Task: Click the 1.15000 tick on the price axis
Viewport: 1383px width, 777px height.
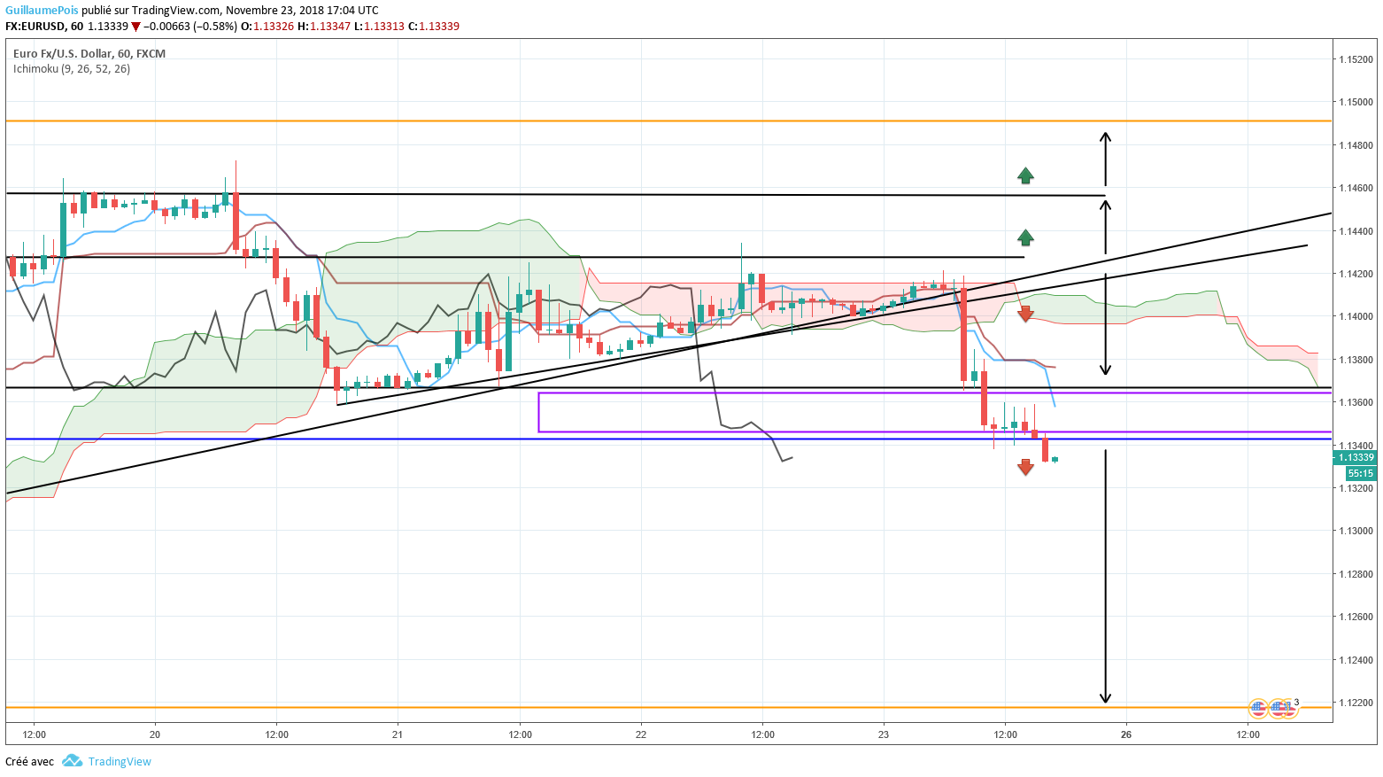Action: click(x=1356, y=103)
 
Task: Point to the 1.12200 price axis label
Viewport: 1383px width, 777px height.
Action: click(x=1356, y=703)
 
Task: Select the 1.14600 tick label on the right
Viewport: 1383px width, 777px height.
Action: click(x=1356, y=189)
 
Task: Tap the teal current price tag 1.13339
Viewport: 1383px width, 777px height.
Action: click(x=1356, y=457)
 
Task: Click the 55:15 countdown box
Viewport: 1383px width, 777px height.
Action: click(x=1360, y=474)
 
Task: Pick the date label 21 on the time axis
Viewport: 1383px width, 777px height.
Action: click(x=398, y=734)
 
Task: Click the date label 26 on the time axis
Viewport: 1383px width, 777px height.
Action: click(x=1126, y=734)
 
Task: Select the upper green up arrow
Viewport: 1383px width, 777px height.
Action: click(x=1025, y=175)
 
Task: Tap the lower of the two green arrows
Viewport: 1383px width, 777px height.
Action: click(x=1025, y=237)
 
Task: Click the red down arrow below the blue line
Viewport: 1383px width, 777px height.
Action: click(x=1025, y=467)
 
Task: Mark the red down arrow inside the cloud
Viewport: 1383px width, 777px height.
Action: click(x=1025, y=314)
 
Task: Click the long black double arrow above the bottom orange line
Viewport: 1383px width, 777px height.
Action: click(x=1105, y=576)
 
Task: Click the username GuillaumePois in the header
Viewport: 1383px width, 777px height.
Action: click(x=42, y=11)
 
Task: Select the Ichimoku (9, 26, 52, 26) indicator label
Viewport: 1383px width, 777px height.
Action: click(x=72, y=69)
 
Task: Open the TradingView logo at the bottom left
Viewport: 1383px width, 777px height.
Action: click(x=107, y=762)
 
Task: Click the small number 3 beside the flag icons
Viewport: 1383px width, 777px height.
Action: click(x=1296, y=703)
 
